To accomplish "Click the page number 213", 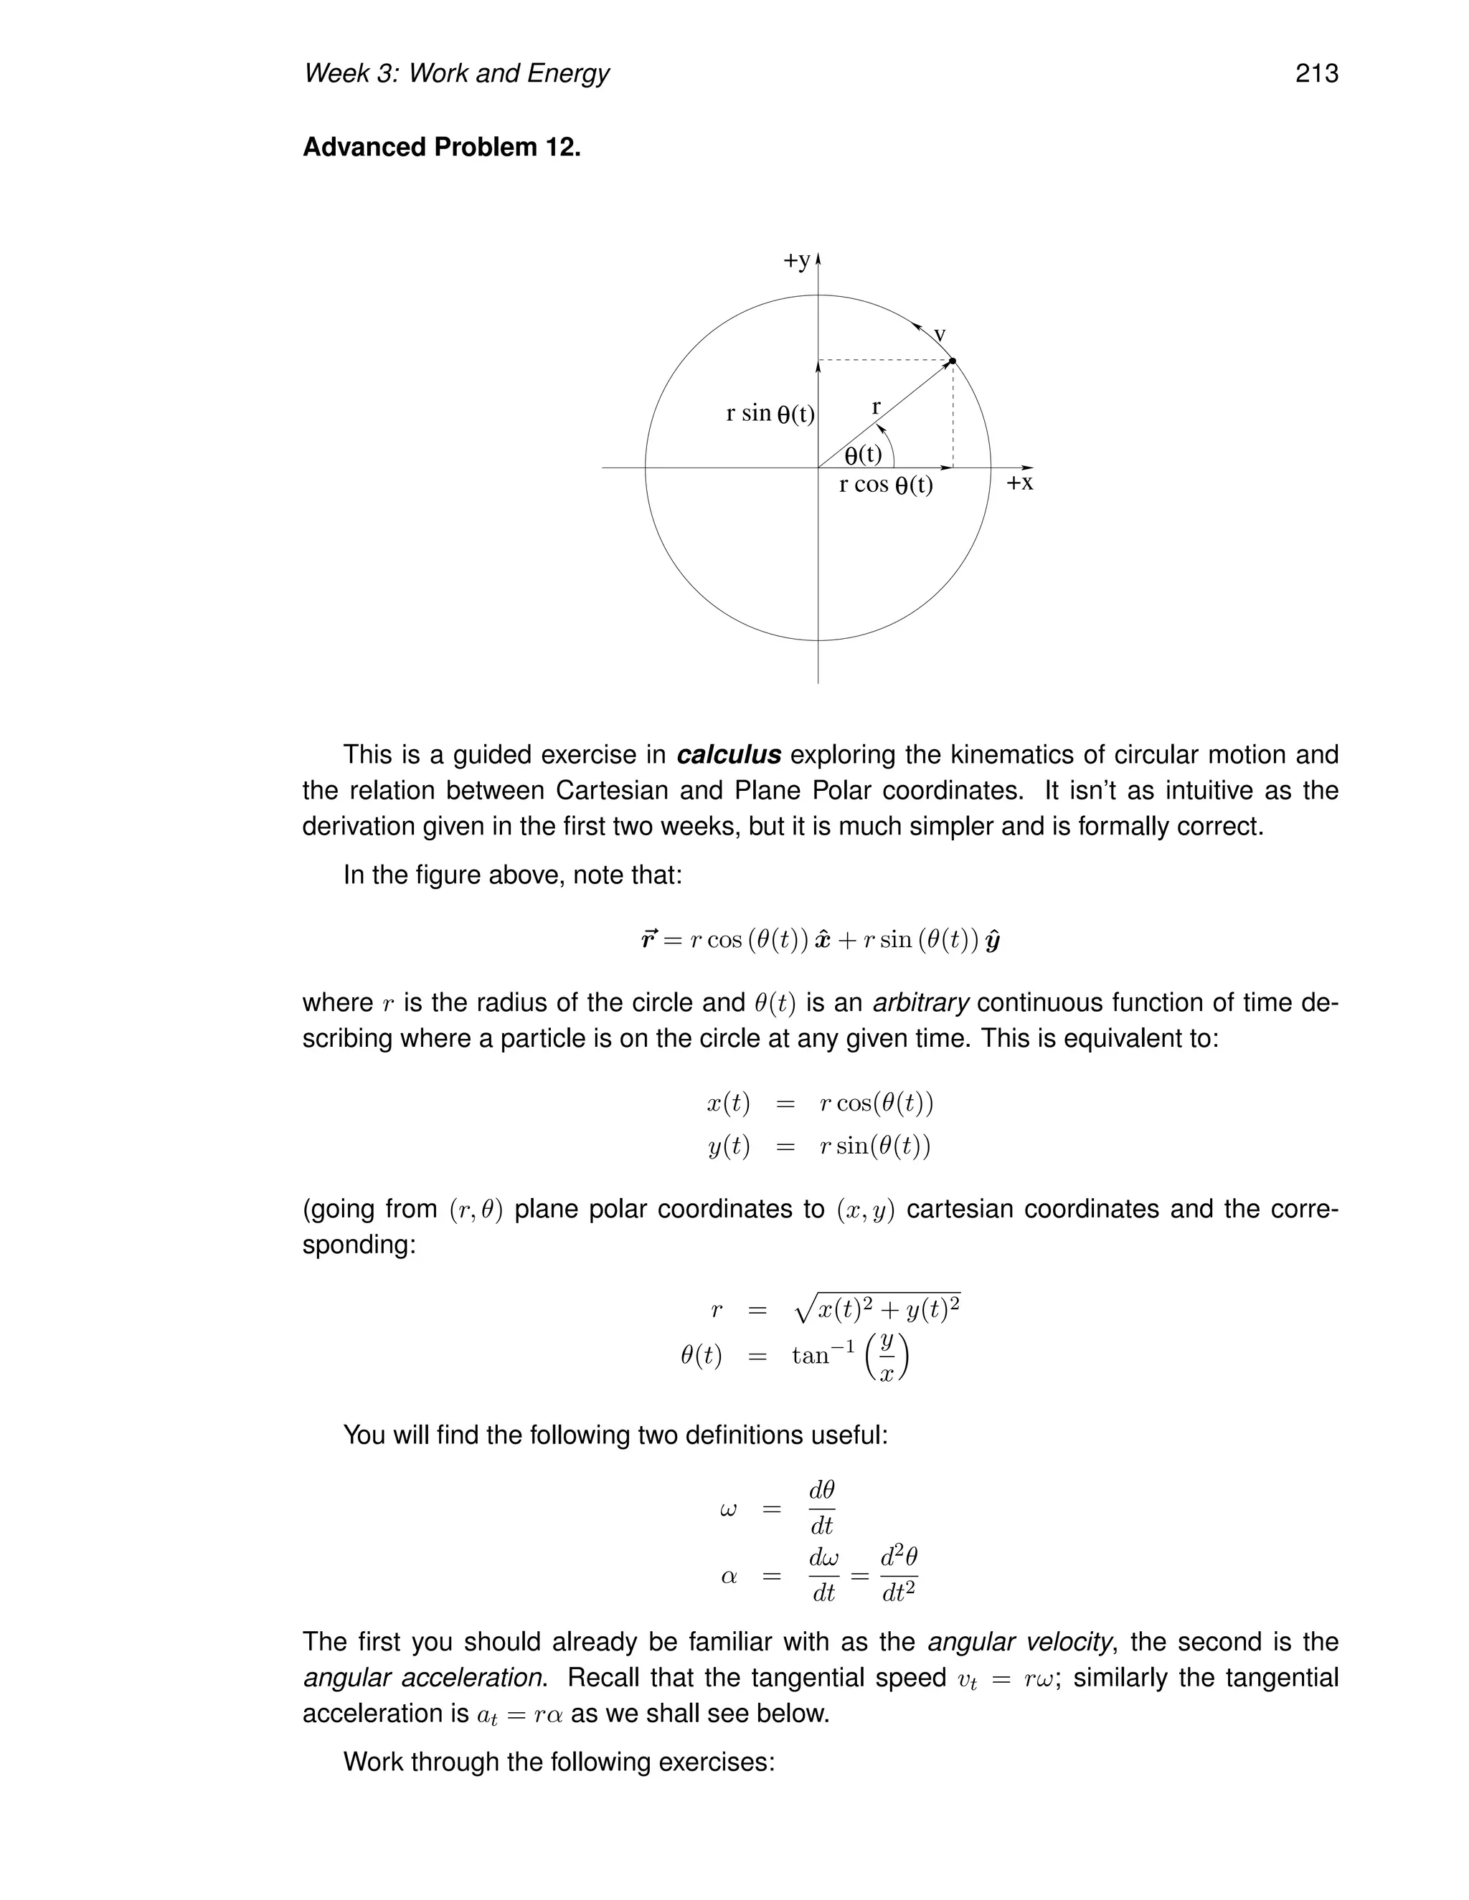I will pos(1316,73).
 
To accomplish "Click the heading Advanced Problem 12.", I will pos(441,147).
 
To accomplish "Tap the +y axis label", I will pos(797,260).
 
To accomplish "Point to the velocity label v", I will pos(940,335).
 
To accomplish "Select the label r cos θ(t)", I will pos(885,485).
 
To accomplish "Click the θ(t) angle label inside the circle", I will pos(864,454).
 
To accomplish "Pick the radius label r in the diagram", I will pos(877,407).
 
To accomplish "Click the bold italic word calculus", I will pos(729,754).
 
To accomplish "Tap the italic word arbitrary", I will pos(921,1002).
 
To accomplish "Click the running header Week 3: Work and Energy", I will pos(456,73).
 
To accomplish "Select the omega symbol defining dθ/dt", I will pos(729,1509).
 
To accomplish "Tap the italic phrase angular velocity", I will pos(1019,1642).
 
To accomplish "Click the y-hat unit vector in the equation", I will pos(992,941).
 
